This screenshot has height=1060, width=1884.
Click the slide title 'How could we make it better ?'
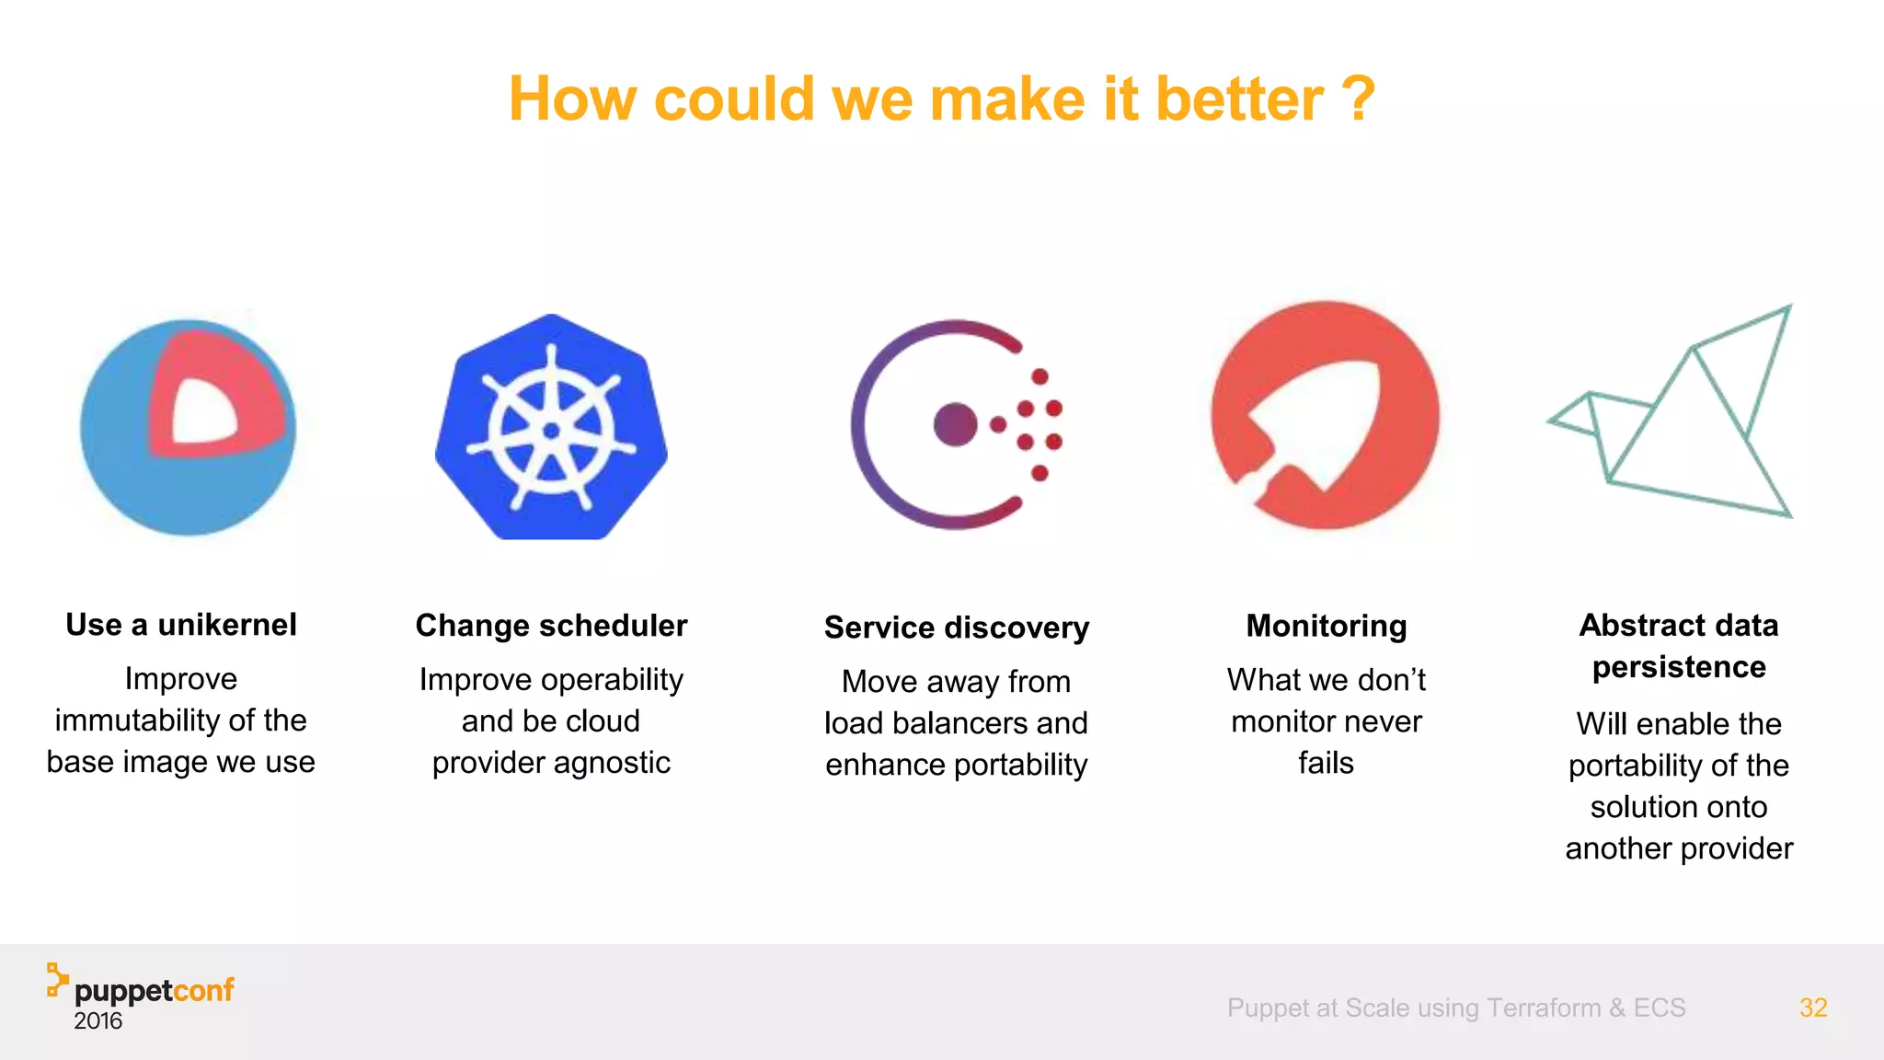941,99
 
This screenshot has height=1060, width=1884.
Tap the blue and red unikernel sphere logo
189,427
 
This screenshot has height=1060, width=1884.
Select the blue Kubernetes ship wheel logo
551,428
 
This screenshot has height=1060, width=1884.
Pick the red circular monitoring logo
1325,416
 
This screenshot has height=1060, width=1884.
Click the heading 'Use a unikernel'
181,625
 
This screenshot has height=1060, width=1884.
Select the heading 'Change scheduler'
551,626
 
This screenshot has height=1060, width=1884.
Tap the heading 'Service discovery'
956,628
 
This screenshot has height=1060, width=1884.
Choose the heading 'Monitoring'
1326,626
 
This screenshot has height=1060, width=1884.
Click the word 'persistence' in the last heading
1679,667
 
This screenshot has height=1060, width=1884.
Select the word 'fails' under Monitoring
1326,763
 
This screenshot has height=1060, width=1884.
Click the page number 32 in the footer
1812,1008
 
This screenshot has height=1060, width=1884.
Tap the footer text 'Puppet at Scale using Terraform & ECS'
1455,1008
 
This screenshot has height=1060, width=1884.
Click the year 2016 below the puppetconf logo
98,1021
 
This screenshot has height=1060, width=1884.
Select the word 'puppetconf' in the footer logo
154,991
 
